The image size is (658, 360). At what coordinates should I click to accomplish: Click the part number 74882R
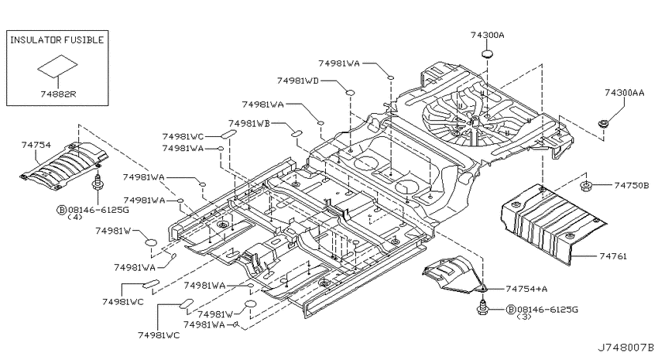[57, 94]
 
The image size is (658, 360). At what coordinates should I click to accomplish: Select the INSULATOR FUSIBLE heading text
[57, 39]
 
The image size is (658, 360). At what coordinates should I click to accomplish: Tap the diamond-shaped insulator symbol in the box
[57, 66]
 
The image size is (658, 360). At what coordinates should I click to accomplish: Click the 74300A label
[487, 35]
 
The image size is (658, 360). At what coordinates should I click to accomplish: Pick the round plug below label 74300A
[487, 54]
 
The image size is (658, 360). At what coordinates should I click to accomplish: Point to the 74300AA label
[625, 93]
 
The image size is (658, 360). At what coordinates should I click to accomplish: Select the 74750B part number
[632, 185]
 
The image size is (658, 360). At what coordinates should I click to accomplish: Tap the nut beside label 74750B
[585, 185]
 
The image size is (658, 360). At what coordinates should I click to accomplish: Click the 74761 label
[613, 255]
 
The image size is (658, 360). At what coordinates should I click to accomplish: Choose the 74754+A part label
[526, 289]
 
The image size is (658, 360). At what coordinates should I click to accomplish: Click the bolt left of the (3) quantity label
[483, 307]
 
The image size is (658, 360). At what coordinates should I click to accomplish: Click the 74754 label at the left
[36, 146]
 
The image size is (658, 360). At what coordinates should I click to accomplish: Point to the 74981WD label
[297, 81]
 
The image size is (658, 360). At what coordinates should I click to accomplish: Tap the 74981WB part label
[249, 123]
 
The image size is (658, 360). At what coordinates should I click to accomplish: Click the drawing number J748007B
[625, 348]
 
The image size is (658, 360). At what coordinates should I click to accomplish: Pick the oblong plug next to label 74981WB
[296, 133]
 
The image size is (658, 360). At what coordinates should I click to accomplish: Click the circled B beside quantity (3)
[511, 310]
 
